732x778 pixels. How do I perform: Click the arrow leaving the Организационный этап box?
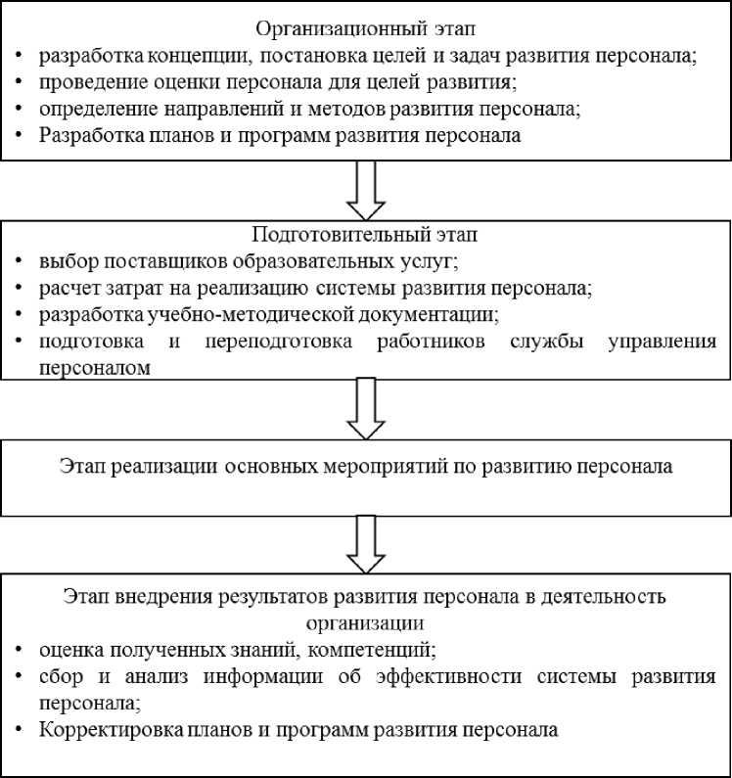point(367,190)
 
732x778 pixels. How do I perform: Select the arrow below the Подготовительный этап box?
point(367,410)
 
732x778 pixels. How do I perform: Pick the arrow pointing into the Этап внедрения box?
point(367,543)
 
